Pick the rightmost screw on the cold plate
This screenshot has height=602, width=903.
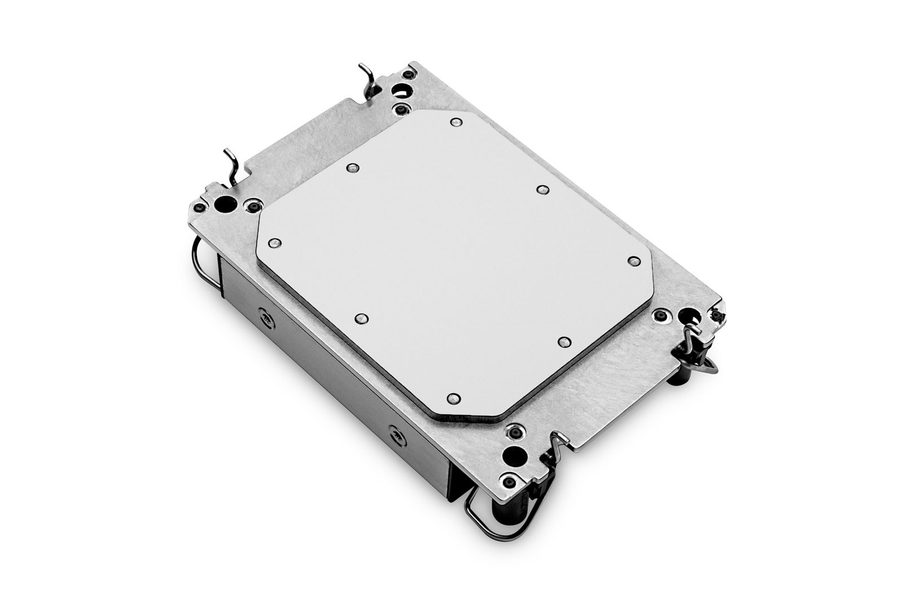click(x=633, y=260)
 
